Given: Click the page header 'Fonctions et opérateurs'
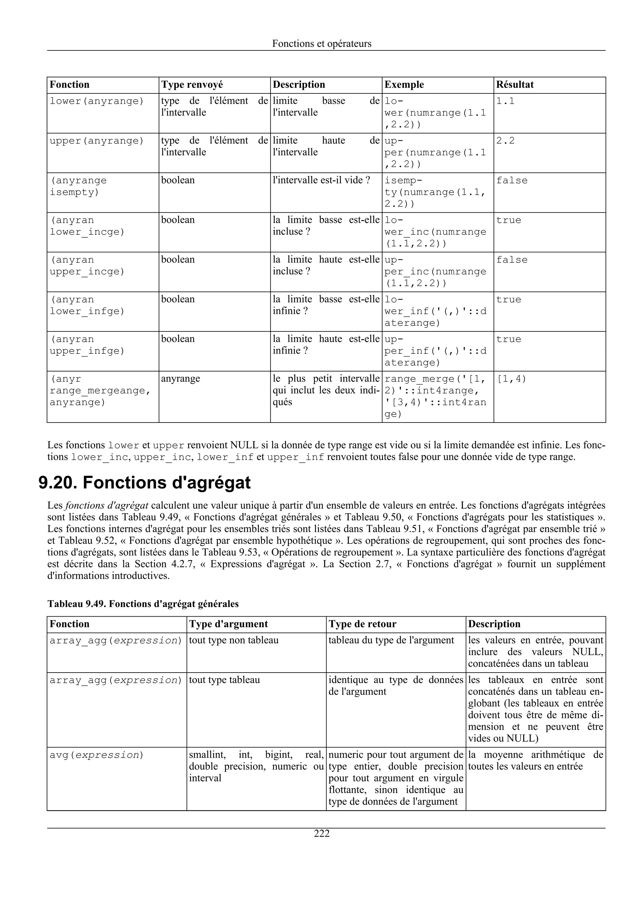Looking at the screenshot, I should point(322,44).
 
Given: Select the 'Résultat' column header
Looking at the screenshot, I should point(515,85).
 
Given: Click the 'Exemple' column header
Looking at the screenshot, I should point(404,85).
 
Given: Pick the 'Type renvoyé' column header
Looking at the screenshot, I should point(192,85).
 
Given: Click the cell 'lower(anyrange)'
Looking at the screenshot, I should point(97,101).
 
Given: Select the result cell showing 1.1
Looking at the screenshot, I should point(505,101).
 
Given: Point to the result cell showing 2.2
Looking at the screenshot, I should point(505,141).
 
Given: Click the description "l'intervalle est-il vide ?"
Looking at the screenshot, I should point(321,180).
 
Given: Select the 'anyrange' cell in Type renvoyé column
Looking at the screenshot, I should point(180,379).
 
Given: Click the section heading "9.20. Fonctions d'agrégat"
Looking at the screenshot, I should point(144,483).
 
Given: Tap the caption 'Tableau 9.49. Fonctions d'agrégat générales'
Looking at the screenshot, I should point(143,604).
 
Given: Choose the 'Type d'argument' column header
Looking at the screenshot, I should point(228,624).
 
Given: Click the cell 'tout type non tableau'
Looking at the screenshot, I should point(234,640).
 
